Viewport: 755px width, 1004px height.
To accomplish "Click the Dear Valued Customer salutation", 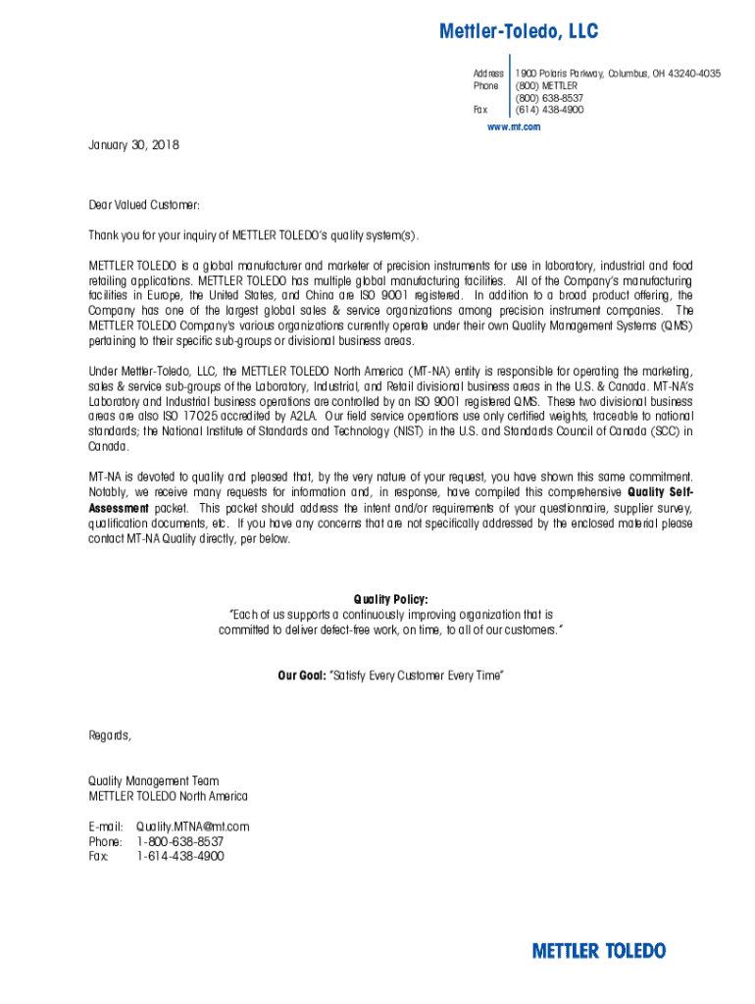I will (x=144, y=205).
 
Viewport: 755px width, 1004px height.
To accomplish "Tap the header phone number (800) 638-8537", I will (x=549, y=98).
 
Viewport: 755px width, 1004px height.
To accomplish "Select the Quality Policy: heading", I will (x=390, y=599).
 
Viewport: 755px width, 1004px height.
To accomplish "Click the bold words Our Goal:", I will (x=301, y=676).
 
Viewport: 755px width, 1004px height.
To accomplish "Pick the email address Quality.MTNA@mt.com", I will (x=193, y=827).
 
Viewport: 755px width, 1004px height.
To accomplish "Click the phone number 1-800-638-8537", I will (x=179, y=841).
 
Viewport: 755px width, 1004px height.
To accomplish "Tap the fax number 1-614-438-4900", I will (x=180, y=856).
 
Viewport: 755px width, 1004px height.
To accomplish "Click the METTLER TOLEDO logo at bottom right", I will (x=598, y=951).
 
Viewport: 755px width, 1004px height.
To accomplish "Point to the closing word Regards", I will (x=109, y=735).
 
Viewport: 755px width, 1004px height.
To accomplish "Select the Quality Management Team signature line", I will (x=153, y=781).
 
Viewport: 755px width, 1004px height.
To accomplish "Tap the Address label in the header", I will (x=488, y=74).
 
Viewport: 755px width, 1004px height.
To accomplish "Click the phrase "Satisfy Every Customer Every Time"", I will (x=417, y=676).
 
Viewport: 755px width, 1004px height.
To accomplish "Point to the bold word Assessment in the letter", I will (x=119, y=508).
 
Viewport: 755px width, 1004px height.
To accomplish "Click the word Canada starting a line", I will (x=108, y=446).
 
